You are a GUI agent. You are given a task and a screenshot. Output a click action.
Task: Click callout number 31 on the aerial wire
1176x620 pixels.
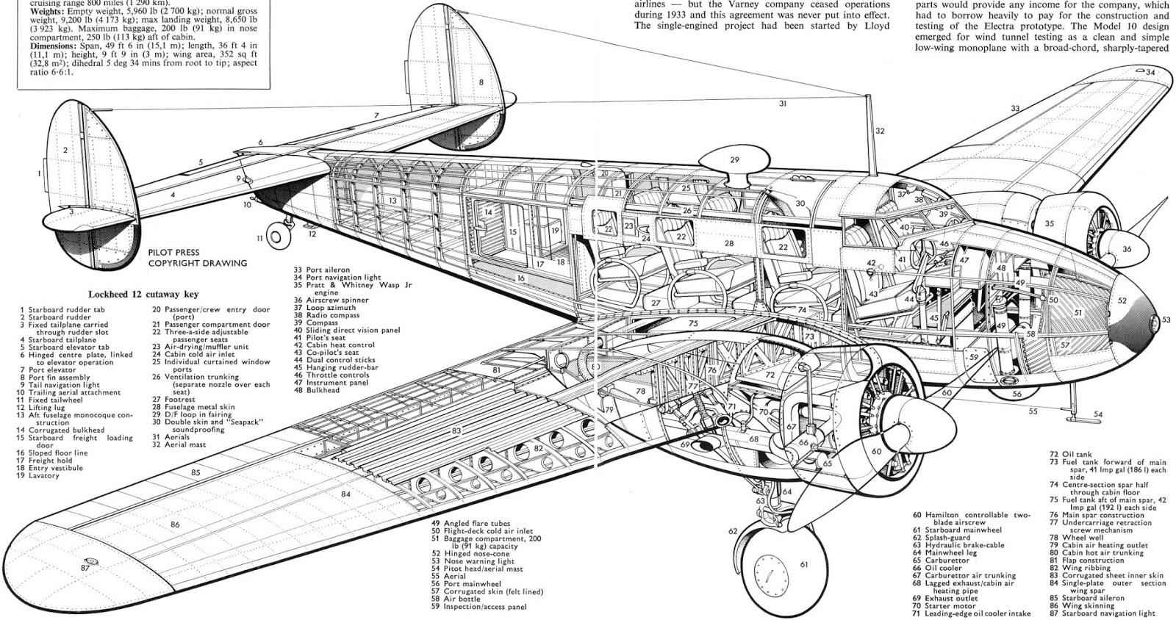[783, 104]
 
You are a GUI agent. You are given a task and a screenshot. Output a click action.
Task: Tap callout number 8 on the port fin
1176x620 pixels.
[481, 82]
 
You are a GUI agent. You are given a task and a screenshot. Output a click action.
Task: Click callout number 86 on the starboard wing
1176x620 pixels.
[174, 524]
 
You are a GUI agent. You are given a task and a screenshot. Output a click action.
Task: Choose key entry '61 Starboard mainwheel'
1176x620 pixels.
[958, 530]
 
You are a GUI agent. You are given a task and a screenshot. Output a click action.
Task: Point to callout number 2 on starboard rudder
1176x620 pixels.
[65, 150]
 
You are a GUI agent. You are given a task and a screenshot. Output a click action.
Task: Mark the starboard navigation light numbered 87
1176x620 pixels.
[85, 567]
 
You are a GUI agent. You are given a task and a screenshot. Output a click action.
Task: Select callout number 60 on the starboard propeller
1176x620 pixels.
[876, 452]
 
